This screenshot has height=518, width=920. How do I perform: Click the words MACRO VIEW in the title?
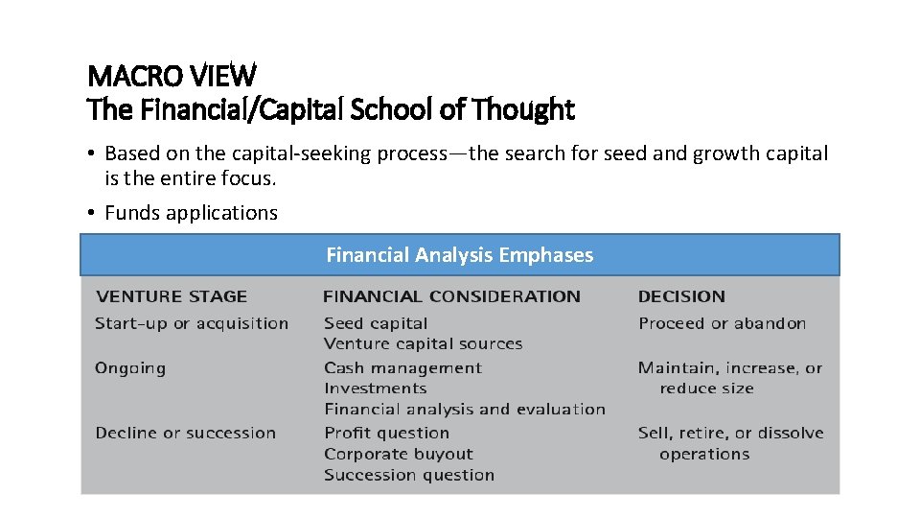tap(172, 74)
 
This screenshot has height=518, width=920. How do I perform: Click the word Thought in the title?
tap(526, 110)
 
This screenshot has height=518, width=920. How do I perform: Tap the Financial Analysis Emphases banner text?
tap(459, 255)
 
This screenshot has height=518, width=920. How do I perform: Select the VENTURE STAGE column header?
tap(171, 296)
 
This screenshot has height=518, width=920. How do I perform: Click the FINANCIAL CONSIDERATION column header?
tap(451, 296)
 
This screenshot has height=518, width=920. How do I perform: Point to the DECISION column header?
tap(681, 296)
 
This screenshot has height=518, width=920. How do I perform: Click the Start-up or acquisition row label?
tap(192, 323)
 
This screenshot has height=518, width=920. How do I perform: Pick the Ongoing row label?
tap(130, 368)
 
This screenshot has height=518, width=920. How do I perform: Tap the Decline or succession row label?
tap(185, 433)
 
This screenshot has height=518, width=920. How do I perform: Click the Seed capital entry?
tap(376, 323)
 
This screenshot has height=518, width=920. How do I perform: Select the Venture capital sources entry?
tap(423, 343)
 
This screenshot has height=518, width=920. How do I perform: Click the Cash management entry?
tap(402, 368)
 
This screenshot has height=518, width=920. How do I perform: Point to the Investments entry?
tap(375, 388)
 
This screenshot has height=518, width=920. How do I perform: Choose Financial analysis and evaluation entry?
tap(465, 410)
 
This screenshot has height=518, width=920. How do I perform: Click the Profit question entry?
tap(386, 433)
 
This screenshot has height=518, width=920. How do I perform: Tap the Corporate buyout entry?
tap(399, 454)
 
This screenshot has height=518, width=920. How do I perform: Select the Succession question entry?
tap(409, 475)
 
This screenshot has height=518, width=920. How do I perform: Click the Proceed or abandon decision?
tap(722, 323)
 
